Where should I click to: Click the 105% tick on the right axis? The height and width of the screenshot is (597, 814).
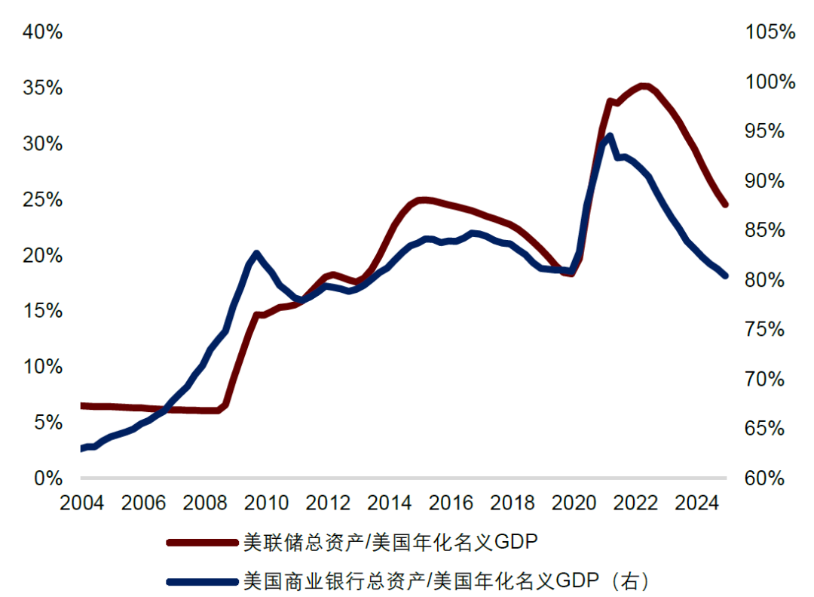click(770, 32)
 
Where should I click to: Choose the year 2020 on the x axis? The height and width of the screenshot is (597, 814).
click(574, 503)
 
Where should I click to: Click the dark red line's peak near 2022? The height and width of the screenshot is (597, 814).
click(643, 86)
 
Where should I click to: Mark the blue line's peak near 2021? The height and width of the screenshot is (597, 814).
click(609, 137)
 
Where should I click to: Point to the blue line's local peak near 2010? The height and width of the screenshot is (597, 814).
click(256, 254)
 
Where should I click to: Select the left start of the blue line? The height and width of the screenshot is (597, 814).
click(81, 448)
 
